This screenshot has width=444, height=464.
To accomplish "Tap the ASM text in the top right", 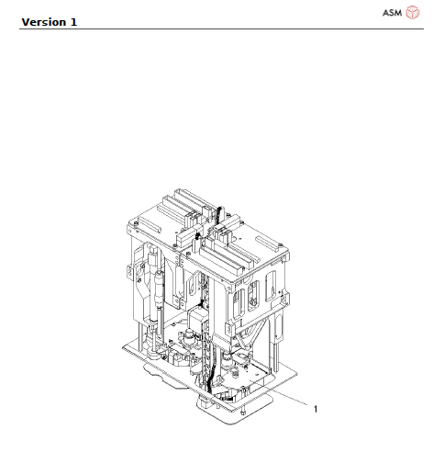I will (392, 12).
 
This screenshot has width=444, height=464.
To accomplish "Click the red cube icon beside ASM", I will (413, 12).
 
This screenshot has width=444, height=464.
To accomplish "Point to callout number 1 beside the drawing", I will (316, 409).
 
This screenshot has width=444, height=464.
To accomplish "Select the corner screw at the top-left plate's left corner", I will (134, 222).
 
